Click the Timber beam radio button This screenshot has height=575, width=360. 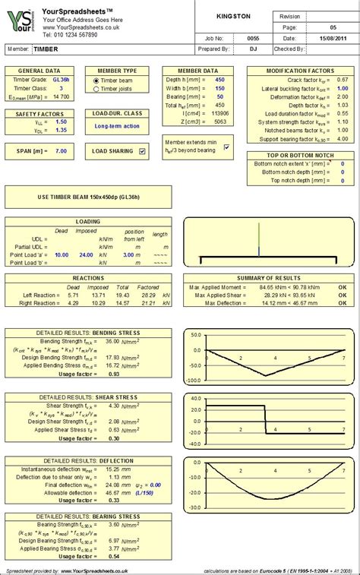click(96, 81)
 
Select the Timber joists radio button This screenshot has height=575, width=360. click(96, 89)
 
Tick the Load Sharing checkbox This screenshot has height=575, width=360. click(142, 151)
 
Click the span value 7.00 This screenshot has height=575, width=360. click(62, 151)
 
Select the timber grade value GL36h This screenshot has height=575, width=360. click(62, 80)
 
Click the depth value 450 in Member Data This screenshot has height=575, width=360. click(219, 79)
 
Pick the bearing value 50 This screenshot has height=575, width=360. click(219, 96)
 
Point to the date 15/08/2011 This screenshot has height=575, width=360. click(332, 36)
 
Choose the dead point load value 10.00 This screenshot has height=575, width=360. click(62, 255)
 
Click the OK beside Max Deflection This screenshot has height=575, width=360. click(342, 303)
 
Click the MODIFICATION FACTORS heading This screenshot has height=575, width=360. click(301, 70)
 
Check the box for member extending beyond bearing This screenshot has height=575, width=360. click(226, 146)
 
